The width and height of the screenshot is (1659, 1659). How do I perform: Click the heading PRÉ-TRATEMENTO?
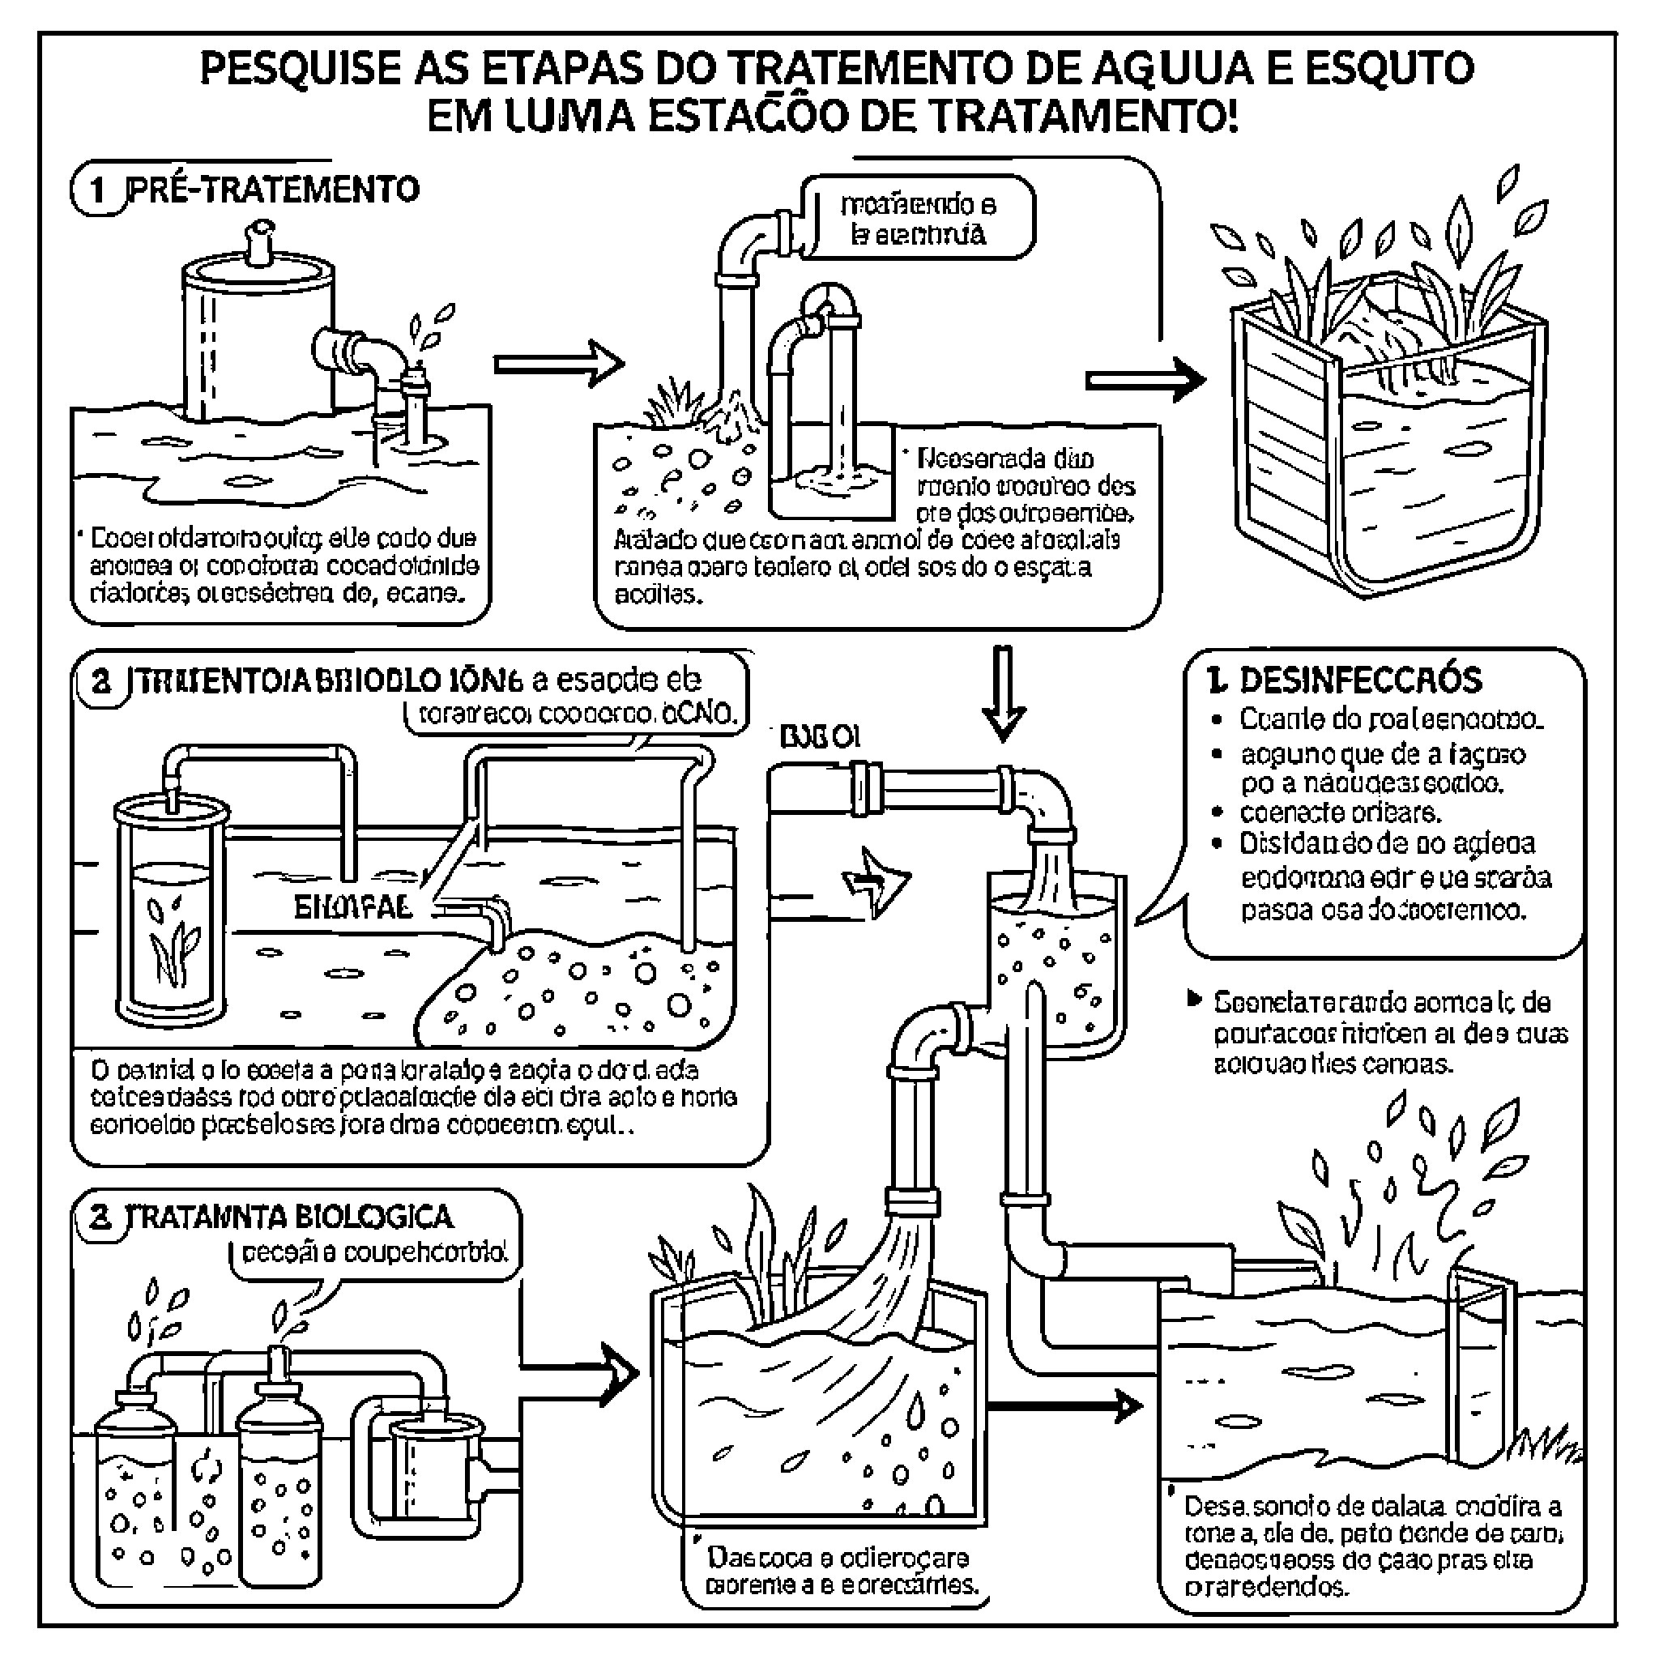click(x=273, y=189)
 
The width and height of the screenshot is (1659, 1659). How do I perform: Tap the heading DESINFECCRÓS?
click(x=1360, y=680)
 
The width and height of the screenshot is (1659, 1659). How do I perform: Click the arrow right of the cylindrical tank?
click(x=558, y=364)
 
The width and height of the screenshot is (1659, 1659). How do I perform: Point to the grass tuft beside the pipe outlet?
click(x=675, y=403)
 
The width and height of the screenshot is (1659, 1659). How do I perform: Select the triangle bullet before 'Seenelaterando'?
click(x=1193, y=999)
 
